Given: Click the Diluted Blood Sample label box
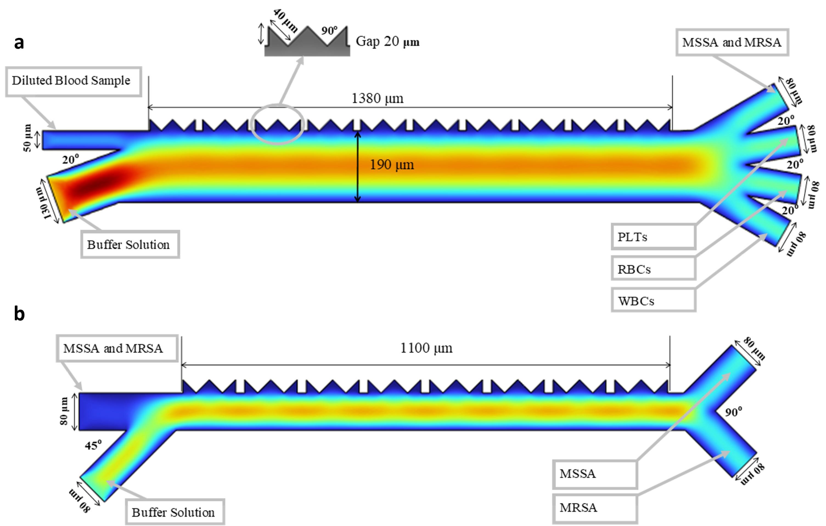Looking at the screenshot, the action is pos(74,82).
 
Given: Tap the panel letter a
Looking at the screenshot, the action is pos(19,43).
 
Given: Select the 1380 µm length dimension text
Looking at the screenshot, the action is pos(377,99).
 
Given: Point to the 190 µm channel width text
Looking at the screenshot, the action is pos(392,165).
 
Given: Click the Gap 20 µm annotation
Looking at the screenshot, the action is pos(387,41).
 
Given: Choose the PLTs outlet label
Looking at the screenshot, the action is pos(653,237).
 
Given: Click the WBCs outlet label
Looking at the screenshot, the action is pos(653,301).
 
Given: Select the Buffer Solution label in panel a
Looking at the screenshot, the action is pos(130,244).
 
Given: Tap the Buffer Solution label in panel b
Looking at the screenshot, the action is pos(175,512).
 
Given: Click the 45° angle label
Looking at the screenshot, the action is pos(93,445).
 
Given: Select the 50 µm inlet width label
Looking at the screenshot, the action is pos(27,138).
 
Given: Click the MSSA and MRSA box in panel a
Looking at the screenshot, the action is pos(732,42).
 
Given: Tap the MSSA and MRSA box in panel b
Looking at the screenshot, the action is pos(117,348).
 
